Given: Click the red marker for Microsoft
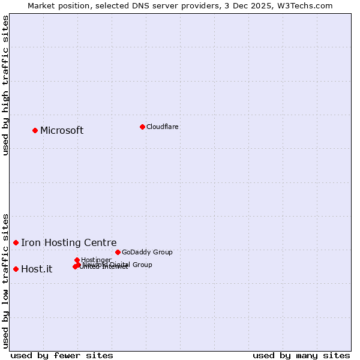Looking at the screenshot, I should tap(35, 130).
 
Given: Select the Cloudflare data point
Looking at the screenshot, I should tap(142, 127).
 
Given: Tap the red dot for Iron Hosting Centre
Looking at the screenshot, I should tap(16, 242).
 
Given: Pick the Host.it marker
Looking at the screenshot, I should tap(16, 269).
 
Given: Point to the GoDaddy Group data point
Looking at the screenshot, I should tap(118, 252).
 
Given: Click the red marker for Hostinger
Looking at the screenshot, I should tap(77, 260).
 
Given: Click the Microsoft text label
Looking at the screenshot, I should tap(62, 131).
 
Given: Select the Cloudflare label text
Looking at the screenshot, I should tap(163, 127).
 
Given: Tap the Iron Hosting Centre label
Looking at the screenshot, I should tap(69, 243).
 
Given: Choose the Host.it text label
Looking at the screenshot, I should tap(37, 269).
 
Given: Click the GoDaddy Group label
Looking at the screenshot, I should tap(147, 253).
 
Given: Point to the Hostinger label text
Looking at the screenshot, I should tap(97, 260).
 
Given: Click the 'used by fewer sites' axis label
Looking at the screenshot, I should tap(62, 355).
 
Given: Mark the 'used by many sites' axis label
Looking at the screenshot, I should tap(301, 355).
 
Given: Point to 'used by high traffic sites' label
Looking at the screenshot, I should tap(6, 85).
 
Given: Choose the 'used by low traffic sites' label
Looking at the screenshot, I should tap(6, 280).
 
